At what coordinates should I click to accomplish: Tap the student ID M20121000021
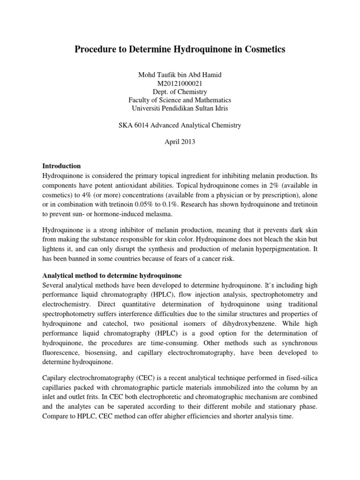click(x=180, y=83)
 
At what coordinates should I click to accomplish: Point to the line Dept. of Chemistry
click(x=180, y=91)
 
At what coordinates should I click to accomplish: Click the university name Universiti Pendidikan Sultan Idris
click(x=180, y=108)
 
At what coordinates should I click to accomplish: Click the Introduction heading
click(x=62, y=166)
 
